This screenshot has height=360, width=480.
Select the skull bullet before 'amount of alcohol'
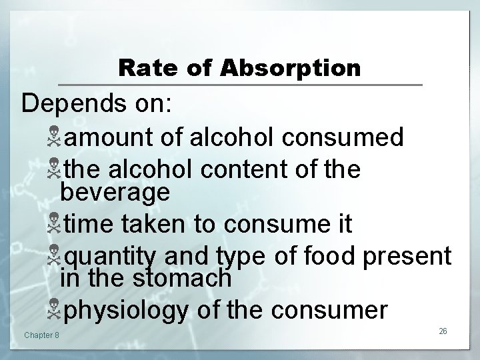tap(52, 138)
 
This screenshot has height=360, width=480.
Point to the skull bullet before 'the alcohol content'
tap(52, 170)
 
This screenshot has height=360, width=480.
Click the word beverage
tap(115, 193)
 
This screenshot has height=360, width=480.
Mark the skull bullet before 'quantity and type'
tap(52, 257)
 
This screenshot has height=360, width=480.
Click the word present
tap(409, 256)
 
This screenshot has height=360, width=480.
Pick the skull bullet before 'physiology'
tap(52, 310)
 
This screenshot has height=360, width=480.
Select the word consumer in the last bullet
tap(324, 309)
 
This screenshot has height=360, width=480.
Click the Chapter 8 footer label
tap(41, 334)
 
